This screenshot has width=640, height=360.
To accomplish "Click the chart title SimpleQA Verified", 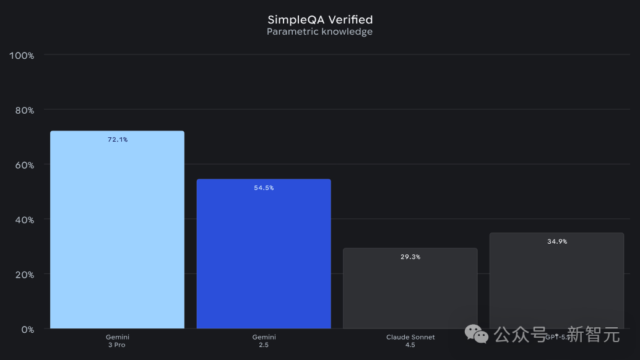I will click(319, 20).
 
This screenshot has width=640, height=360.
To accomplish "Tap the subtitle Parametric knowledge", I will click(319, 32).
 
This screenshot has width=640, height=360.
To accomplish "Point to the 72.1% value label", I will click(117, 140).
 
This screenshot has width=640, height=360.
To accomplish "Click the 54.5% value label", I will click(264, 188).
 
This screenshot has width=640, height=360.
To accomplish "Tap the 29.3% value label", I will click(410, 257).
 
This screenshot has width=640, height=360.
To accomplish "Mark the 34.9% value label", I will click(556, 242).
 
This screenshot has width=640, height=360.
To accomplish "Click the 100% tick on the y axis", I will click(22, 56).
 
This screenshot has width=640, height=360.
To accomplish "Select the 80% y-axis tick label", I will click(24, 110).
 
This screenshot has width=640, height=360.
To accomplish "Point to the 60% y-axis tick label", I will click(24, 165).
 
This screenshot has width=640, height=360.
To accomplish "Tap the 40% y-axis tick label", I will click(24, 220).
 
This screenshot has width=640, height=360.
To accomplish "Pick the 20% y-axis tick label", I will click(24, 275).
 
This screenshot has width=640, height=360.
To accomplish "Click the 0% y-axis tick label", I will click(27, 330).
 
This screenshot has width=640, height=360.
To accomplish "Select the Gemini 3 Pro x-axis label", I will click(117, 341).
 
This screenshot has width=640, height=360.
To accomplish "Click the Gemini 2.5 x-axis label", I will click(264, 341).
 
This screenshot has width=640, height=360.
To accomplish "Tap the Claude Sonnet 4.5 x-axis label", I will click(410, 341).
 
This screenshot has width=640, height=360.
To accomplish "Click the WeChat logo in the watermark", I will click(477, 335).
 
